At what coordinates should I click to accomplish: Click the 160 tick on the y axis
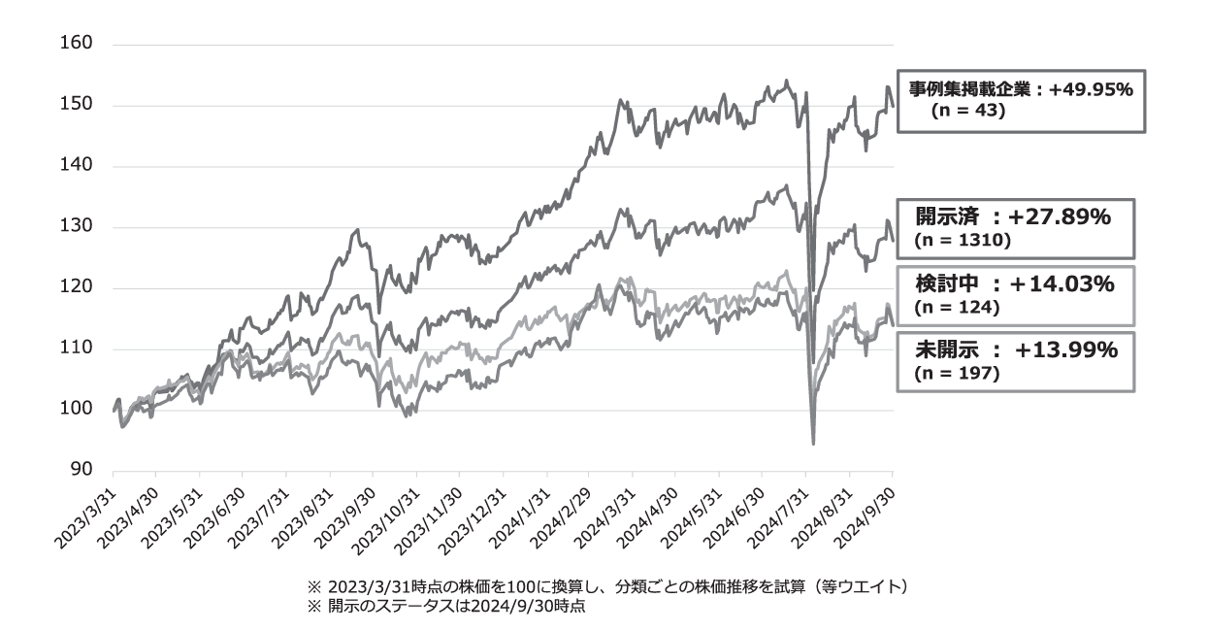(x=76, y=45)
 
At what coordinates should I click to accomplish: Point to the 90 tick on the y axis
(x=81, y=471)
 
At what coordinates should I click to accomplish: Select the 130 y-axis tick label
(x=76, y=227)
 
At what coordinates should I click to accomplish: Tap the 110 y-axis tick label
(x=76, y=349)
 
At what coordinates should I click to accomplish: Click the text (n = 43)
(x=966, y=111)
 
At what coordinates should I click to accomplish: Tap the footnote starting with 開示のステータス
(x=446, y=608)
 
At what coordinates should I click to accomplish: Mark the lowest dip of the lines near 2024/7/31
(x=813, y=444)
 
